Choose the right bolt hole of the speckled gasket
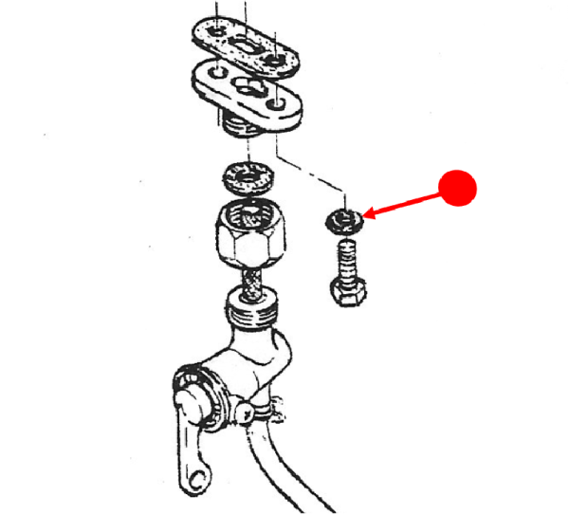pos(277,62)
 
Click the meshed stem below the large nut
pos(252,284)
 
